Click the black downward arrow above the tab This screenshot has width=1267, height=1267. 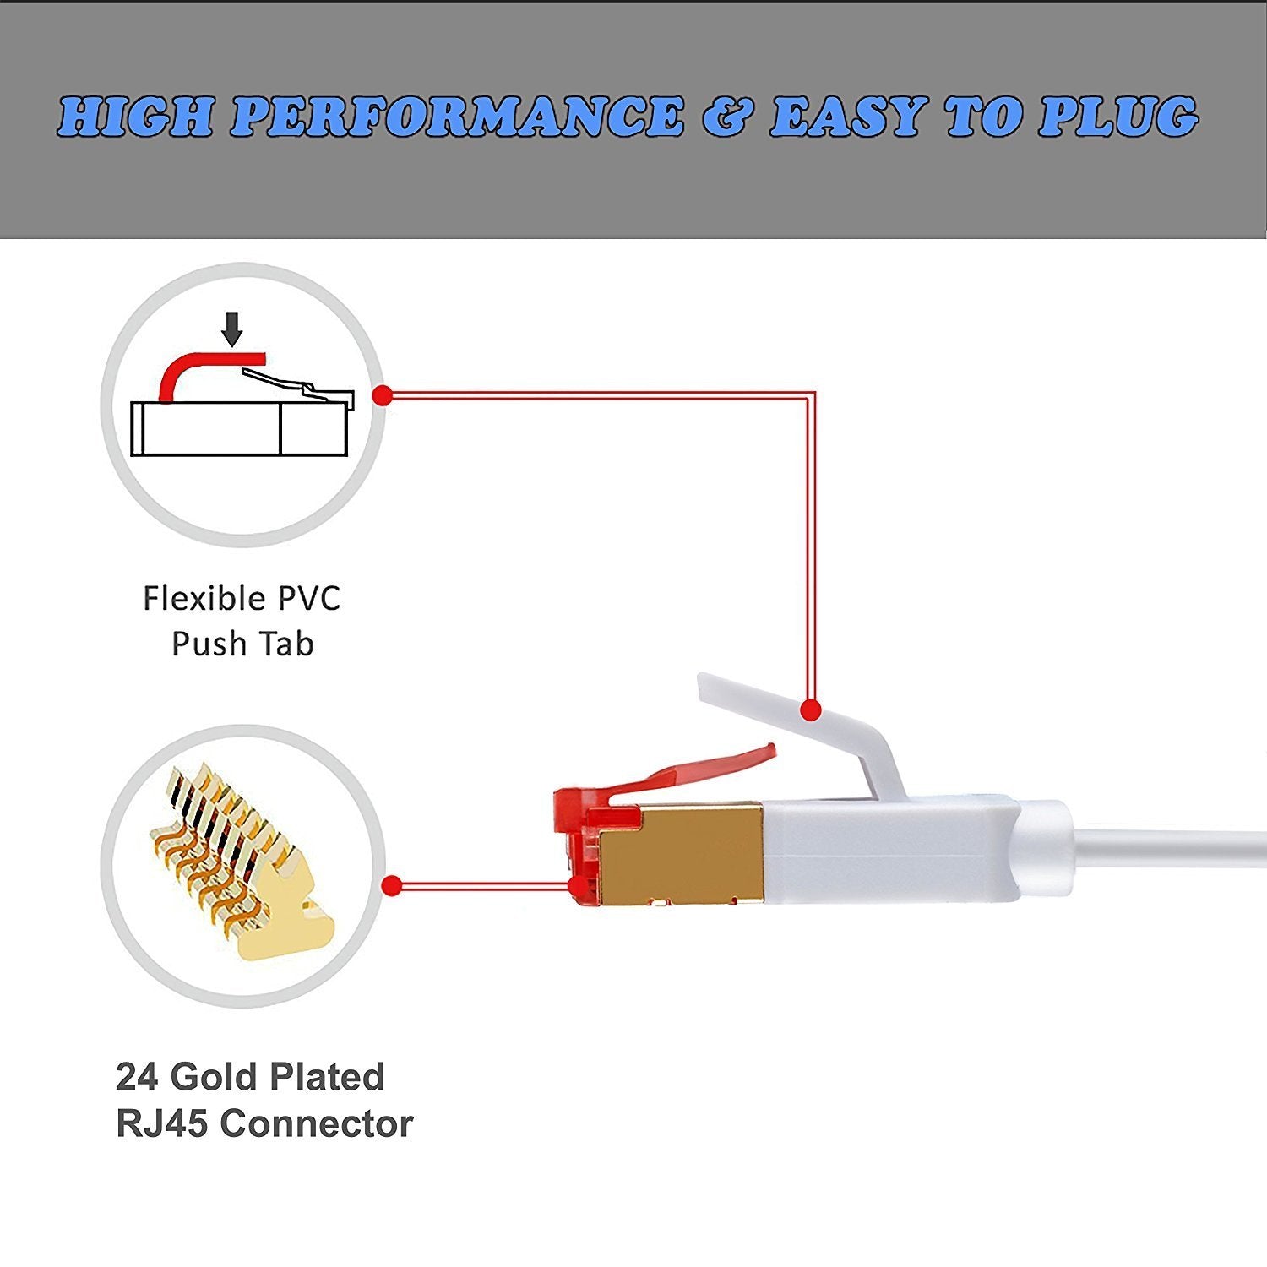coord(232,328)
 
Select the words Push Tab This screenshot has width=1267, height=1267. coord(242,644)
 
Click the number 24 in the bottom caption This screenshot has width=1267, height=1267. coord(137,1077)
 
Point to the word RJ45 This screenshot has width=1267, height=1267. coord(161,1123)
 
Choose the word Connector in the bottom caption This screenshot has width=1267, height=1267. coord(317,1123)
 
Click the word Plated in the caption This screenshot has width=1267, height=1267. coord(328,1077)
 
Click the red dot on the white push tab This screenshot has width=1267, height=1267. coord(811,710)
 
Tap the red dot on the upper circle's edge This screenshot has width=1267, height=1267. coord(383,395)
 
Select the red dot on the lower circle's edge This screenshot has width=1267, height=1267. coord(391,886)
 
